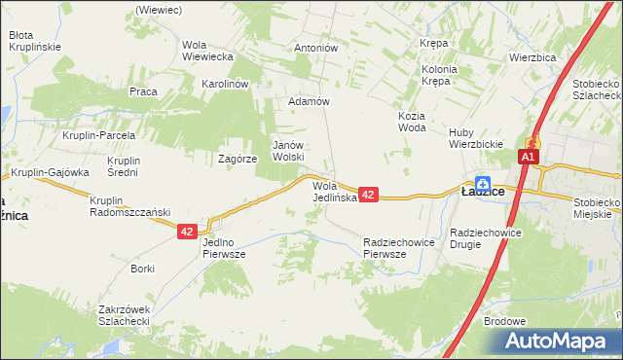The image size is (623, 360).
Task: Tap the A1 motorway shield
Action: tap(529, 158)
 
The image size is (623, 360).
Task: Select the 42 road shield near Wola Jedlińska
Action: tap(368, 196)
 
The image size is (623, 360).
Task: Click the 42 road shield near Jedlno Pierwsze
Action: tap(188, 232)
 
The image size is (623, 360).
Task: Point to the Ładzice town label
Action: tap(482, 193)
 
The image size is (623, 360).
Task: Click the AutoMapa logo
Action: tap(560, 342)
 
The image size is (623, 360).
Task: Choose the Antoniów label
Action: tap(315, 48)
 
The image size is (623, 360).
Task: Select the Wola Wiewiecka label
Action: tap(207, 51)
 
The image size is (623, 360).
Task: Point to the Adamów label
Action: tap(311, 101)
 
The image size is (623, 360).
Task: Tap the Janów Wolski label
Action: tap(289, 150)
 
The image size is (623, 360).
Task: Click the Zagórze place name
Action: tap(238, 158)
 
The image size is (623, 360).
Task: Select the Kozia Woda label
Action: tap(413, 122)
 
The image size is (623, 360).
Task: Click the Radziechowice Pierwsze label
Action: tap(397, 247)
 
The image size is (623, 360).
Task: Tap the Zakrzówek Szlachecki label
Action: tap(123, 315)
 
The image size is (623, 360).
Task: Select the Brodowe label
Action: tap(504, 321)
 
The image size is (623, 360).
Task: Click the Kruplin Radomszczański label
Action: tap(129, 206)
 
